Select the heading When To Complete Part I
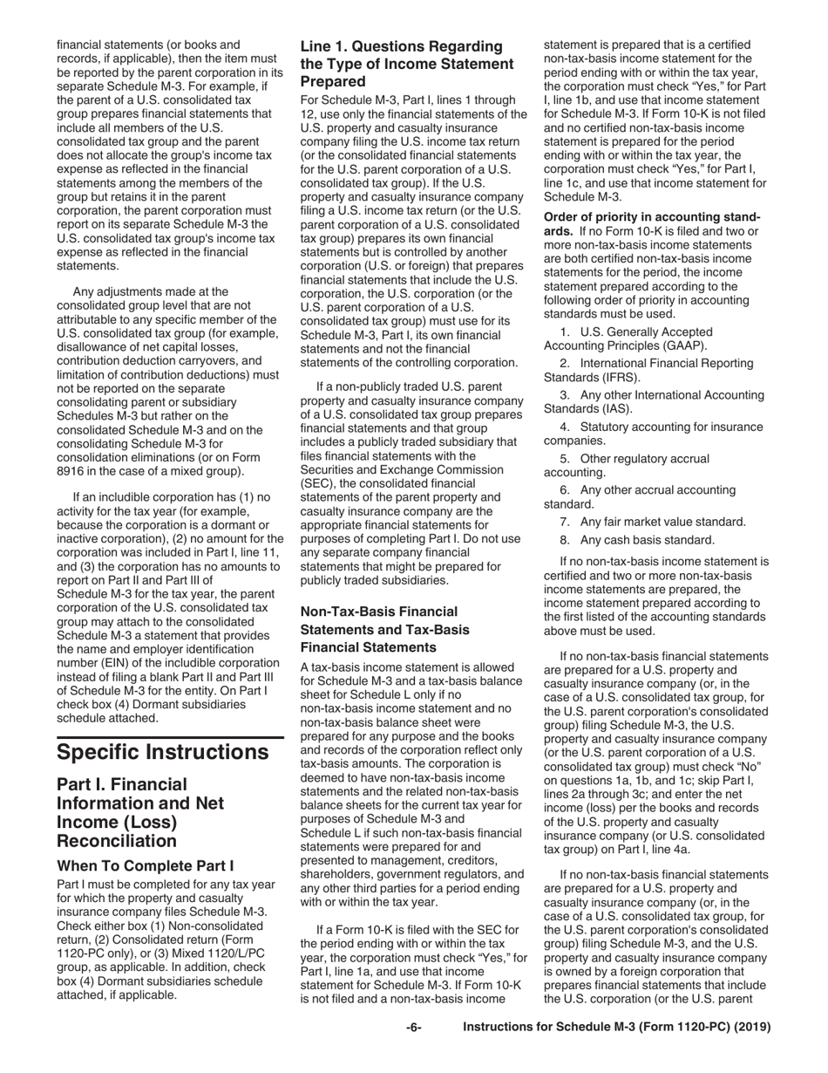click(145, 866)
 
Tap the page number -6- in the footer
click(414, 1028)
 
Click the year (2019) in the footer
click(752, 1028)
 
